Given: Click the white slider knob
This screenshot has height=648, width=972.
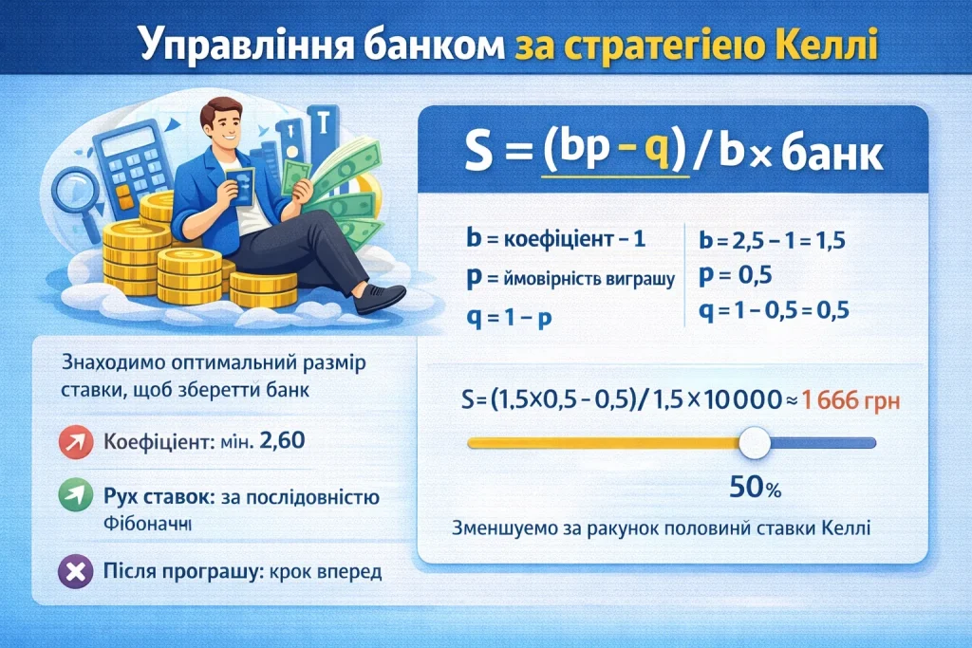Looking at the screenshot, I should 755,442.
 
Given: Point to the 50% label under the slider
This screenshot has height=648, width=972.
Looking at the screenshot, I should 755,490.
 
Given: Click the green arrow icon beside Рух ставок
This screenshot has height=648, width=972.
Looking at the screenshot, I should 73,496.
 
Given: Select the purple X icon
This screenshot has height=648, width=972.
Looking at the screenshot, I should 73,571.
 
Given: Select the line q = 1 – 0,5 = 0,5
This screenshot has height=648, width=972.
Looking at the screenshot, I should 772,311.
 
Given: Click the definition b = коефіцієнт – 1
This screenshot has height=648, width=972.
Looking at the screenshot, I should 555,237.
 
